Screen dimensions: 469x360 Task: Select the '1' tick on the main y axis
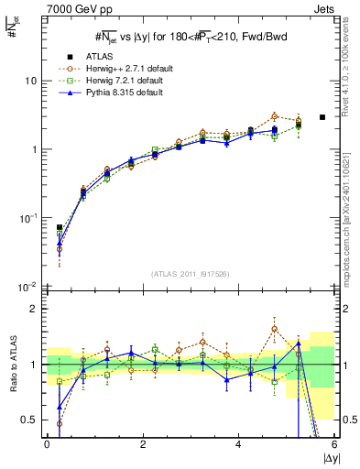pos(34,149)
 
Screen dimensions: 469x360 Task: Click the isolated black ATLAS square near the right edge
pos(322,117)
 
